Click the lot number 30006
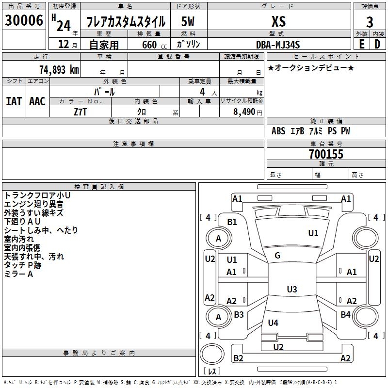point(24,20)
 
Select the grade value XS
point(278,21)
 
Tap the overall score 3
point(370,22)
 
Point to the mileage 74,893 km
point(59,69)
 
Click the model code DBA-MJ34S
point(278,45)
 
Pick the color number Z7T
point(80,112)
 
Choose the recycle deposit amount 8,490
point(244,112)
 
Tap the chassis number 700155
point(326,154)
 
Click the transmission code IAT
point(14,101)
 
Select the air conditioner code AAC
point(37,101)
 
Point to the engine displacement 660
point(149,45)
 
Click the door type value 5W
point(188,21)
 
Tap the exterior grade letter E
point(362,44)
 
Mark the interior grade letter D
point(377,44)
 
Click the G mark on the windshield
point(277,256)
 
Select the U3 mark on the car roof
point(292,289)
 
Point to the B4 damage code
point(345,314)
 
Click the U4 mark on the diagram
point(273,323)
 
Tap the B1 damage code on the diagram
point(232,222)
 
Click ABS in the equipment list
point(278,131)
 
